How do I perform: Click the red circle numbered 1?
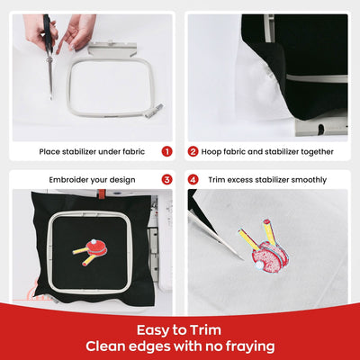click(166, 151)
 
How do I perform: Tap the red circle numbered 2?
click(193, 151)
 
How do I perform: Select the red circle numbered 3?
click(166, 179)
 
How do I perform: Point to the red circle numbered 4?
click(193, 179)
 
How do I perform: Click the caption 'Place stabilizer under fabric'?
click(88, 151)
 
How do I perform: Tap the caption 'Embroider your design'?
click(88, 179)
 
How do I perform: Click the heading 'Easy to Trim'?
click(180, 328)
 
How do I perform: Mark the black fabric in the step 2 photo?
click(306, 54)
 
